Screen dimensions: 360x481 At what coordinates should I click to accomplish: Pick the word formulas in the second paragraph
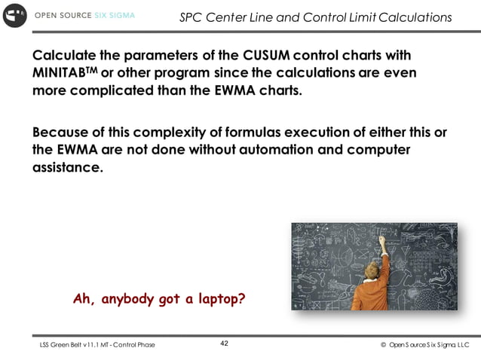pos(231,133)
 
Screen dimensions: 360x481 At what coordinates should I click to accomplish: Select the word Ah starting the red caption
pos(82,298)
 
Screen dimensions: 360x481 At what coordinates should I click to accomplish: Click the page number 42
pos(224,343)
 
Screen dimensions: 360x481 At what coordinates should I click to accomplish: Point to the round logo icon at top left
pos(14,15)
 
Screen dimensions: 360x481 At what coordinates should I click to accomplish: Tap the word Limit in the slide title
pos(364,17)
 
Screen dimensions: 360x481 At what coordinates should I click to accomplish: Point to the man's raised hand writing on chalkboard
pos(381,242)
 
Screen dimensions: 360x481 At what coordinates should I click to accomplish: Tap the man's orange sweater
pos(372,294)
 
